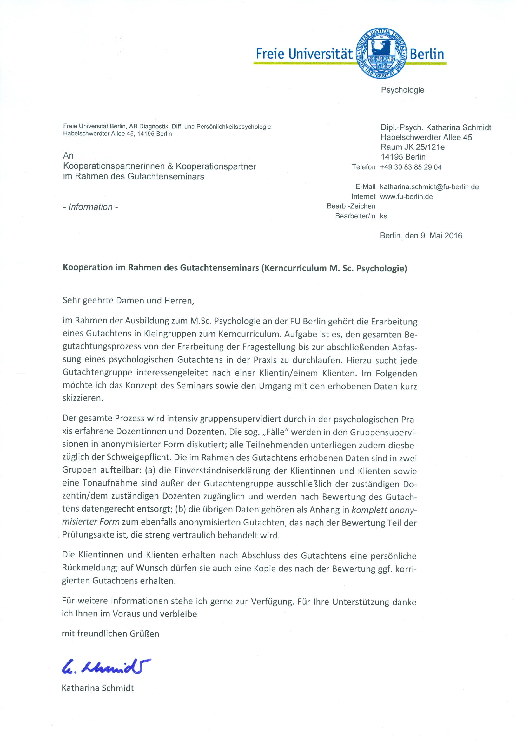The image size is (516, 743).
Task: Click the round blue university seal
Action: [381, 53]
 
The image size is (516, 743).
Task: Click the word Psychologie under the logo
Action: [402, 90]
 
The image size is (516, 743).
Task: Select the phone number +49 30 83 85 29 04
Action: [410, 167]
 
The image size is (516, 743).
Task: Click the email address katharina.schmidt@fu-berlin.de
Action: [429, 187]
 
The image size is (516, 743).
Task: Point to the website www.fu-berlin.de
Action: [406, 196]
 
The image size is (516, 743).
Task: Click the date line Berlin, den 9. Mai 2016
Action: [420, 236]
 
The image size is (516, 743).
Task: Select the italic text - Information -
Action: [90, 207]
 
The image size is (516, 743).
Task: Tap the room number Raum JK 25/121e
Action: [412, 147]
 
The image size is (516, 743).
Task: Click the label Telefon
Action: [363, 167]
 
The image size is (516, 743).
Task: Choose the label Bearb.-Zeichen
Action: [351, 206]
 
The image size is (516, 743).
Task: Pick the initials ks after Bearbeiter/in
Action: [383, 216]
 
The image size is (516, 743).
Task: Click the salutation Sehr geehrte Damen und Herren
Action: [128, 300]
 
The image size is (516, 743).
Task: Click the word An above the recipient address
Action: [68, 156]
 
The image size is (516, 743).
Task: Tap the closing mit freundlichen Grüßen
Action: [110, 634]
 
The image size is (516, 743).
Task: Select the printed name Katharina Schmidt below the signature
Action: [98, 688]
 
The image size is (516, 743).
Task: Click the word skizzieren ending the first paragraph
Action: [83, 398]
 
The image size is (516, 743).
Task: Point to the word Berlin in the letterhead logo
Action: [427, 54]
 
